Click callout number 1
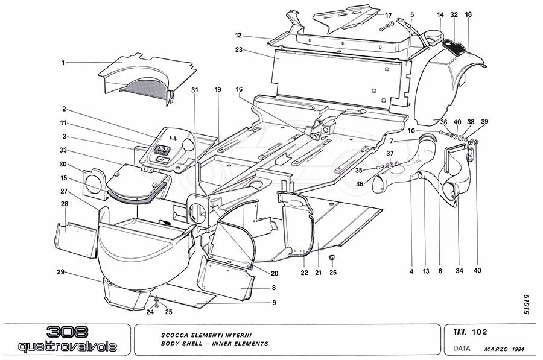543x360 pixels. pyautogui.click(x=62, y=62)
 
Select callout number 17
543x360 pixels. pyautogui.click(x=389, y=15)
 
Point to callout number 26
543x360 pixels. pyautogui.click(x=334, y=272)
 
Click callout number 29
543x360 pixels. pyautogui.click(x=61, y=272)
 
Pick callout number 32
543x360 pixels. pyautogui.click(x=454, y=14)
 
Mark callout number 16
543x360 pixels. pyautogui.click(x=239, y=89)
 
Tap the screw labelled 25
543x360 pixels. pyautogui.click(x=157, y=305)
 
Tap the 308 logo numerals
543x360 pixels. pyautogui.click(x=66, y=332)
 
